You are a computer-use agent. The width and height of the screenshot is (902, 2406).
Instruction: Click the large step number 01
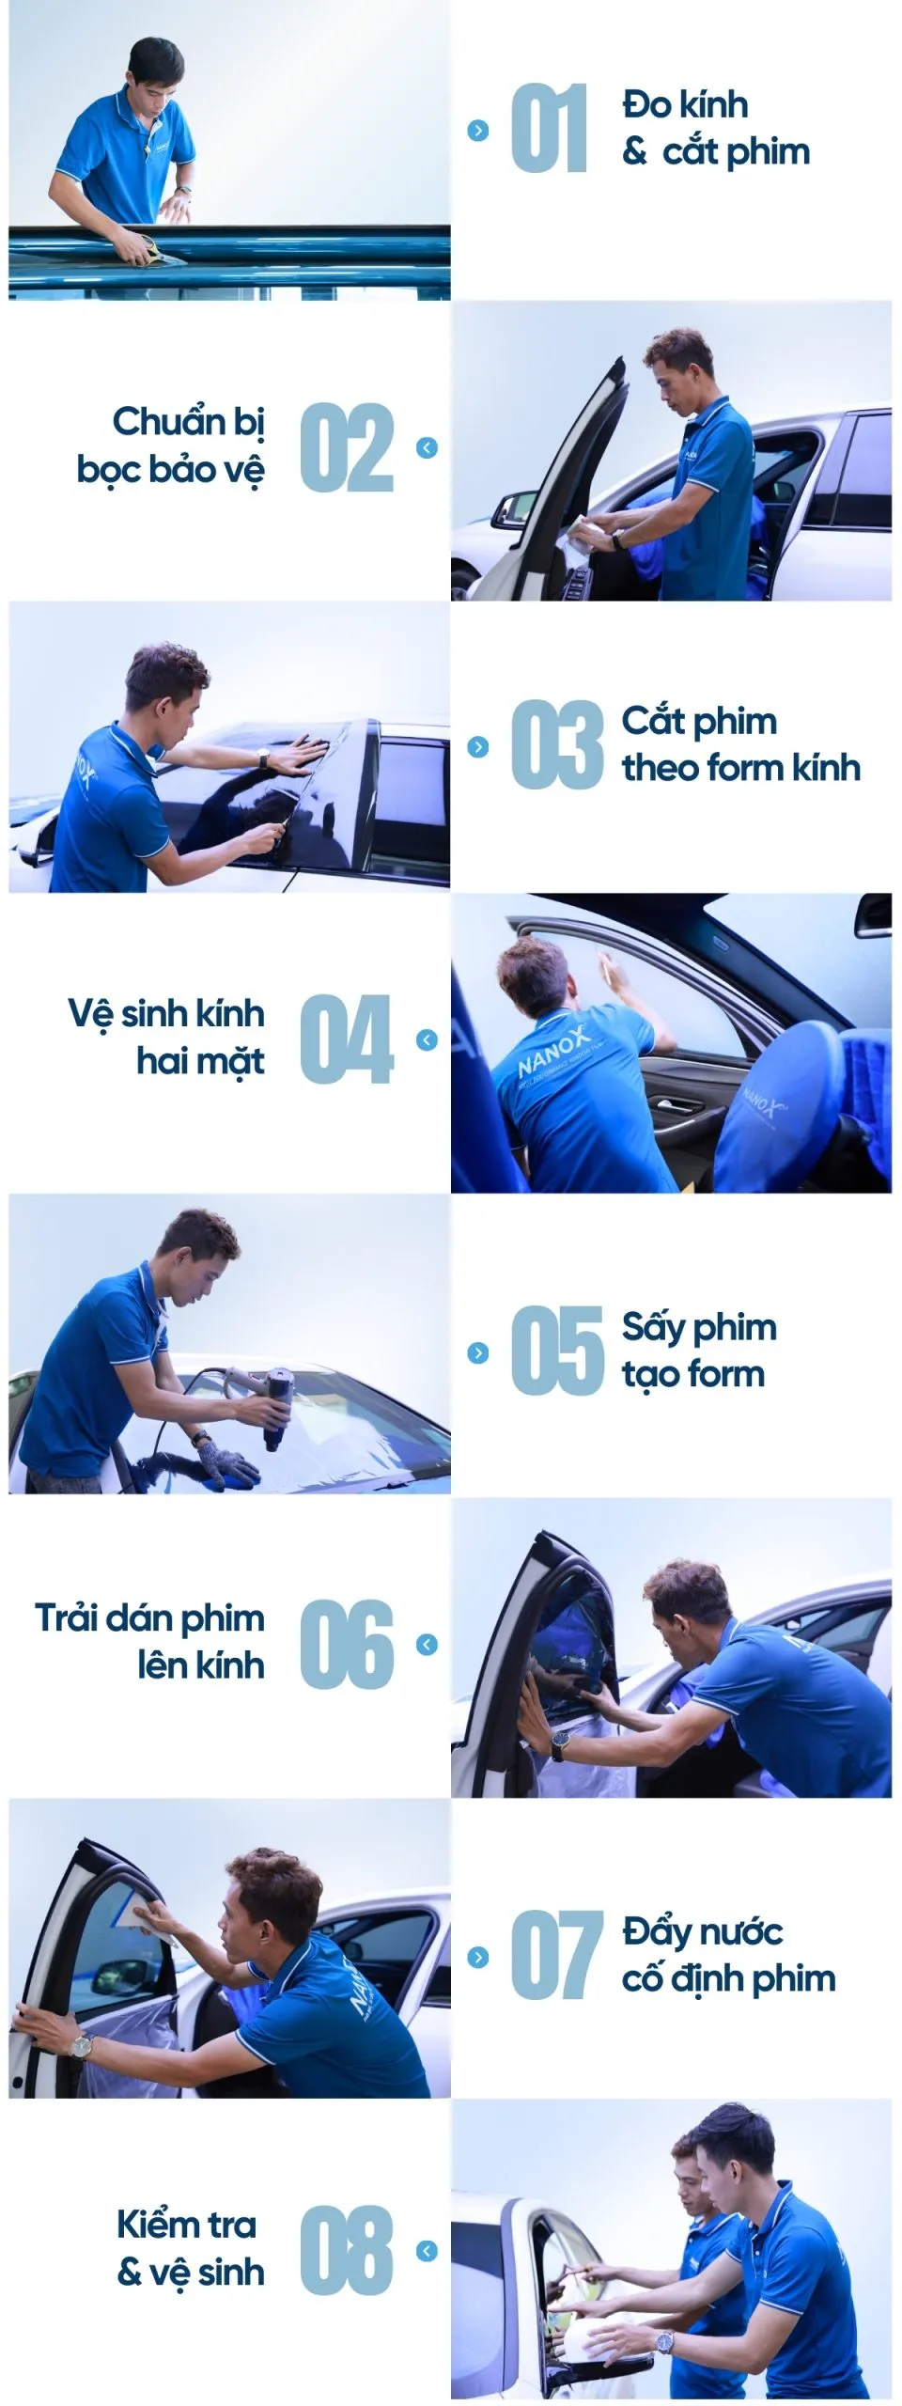549,129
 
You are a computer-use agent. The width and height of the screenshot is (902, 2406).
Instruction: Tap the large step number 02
346,447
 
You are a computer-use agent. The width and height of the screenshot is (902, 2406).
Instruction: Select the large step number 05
556,1351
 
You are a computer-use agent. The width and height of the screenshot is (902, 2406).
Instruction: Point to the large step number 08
346,2250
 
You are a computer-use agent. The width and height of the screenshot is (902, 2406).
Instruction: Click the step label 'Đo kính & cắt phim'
714,128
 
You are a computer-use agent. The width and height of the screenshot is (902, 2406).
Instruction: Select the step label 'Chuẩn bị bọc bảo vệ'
172,445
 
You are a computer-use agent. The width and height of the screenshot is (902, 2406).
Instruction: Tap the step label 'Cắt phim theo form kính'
739,744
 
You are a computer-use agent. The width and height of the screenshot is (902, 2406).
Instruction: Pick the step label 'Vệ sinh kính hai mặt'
167,1037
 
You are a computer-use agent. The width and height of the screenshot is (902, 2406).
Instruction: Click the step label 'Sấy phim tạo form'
698,1351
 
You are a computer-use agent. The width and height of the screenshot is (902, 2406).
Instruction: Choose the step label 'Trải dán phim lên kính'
150,1642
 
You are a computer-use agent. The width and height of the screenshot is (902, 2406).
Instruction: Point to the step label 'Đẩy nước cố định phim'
727,1955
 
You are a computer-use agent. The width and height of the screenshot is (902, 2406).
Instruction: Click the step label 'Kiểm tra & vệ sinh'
190,2248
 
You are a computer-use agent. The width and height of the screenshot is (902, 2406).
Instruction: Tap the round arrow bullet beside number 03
478,747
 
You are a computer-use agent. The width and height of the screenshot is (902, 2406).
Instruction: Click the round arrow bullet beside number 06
427,1644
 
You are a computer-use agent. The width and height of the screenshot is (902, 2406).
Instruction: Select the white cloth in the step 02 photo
577,539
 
